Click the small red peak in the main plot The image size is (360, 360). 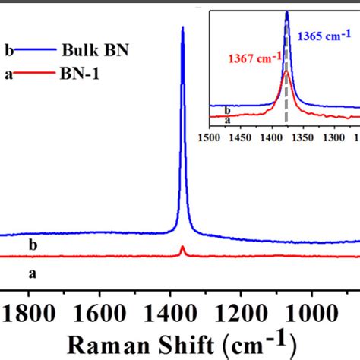tap(182, 248)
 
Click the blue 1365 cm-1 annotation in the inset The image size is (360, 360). tap(324, 36)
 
